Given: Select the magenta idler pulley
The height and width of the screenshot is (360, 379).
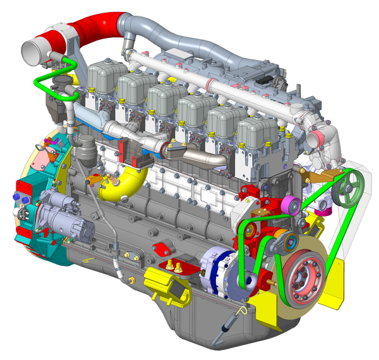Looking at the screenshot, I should (x=291, y=205).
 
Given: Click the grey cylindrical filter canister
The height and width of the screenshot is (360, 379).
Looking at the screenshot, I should (x=85, y=152).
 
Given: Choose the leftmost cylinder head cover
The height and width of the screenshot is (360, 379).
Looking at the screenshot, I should (x=107, y=79).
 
